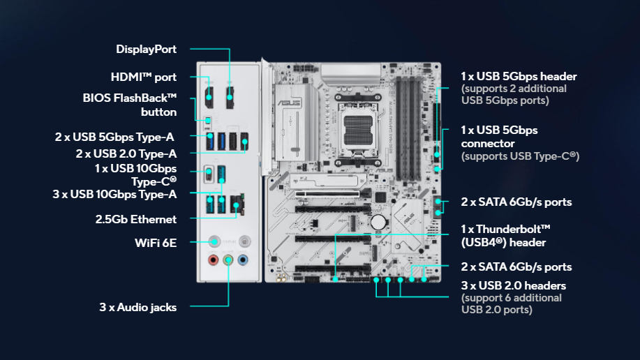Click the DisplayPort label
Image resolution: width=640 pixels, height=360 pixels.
point(146,50)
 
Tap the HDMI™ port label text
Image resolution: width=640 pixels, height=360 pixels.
point(144,77)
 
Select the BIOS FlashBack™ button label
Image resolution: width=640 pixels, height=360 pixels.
point(130,105)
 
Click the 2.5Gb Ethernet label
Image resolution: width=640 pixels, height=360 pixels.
point(136,220)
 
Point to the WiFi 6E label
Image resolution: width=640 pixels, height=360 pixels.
point(156,243)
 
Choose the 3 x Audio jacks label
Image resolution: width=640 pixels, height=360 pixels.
point(138,308)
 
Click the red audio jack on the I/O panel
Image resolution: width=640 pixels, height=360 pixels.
point(213,260)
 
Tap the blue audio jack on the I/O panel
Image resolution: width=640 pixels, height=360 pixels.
point(243,260)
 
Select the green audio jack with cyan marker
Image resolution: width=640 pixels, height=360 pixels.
point(228,260)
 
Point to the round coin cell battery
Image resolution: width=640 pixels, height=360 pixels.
point(378,223)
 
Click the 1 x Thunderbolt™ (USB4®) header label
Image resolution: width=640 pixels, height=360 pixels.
point(506,236)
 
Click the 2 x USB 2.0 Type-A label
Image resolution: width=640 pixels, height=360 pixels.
point(126,154)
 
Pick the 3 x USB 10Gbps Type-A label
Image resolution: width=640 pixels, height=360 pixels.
point(114,194)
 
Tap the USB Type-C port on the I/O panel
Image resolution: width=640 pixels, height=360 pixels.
point(209,174)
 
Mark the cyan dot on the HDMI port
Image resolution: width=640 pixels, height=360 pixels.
point(209,98)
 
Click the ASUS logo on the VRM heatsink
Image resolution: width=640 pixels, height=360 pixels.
point(289,102)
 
